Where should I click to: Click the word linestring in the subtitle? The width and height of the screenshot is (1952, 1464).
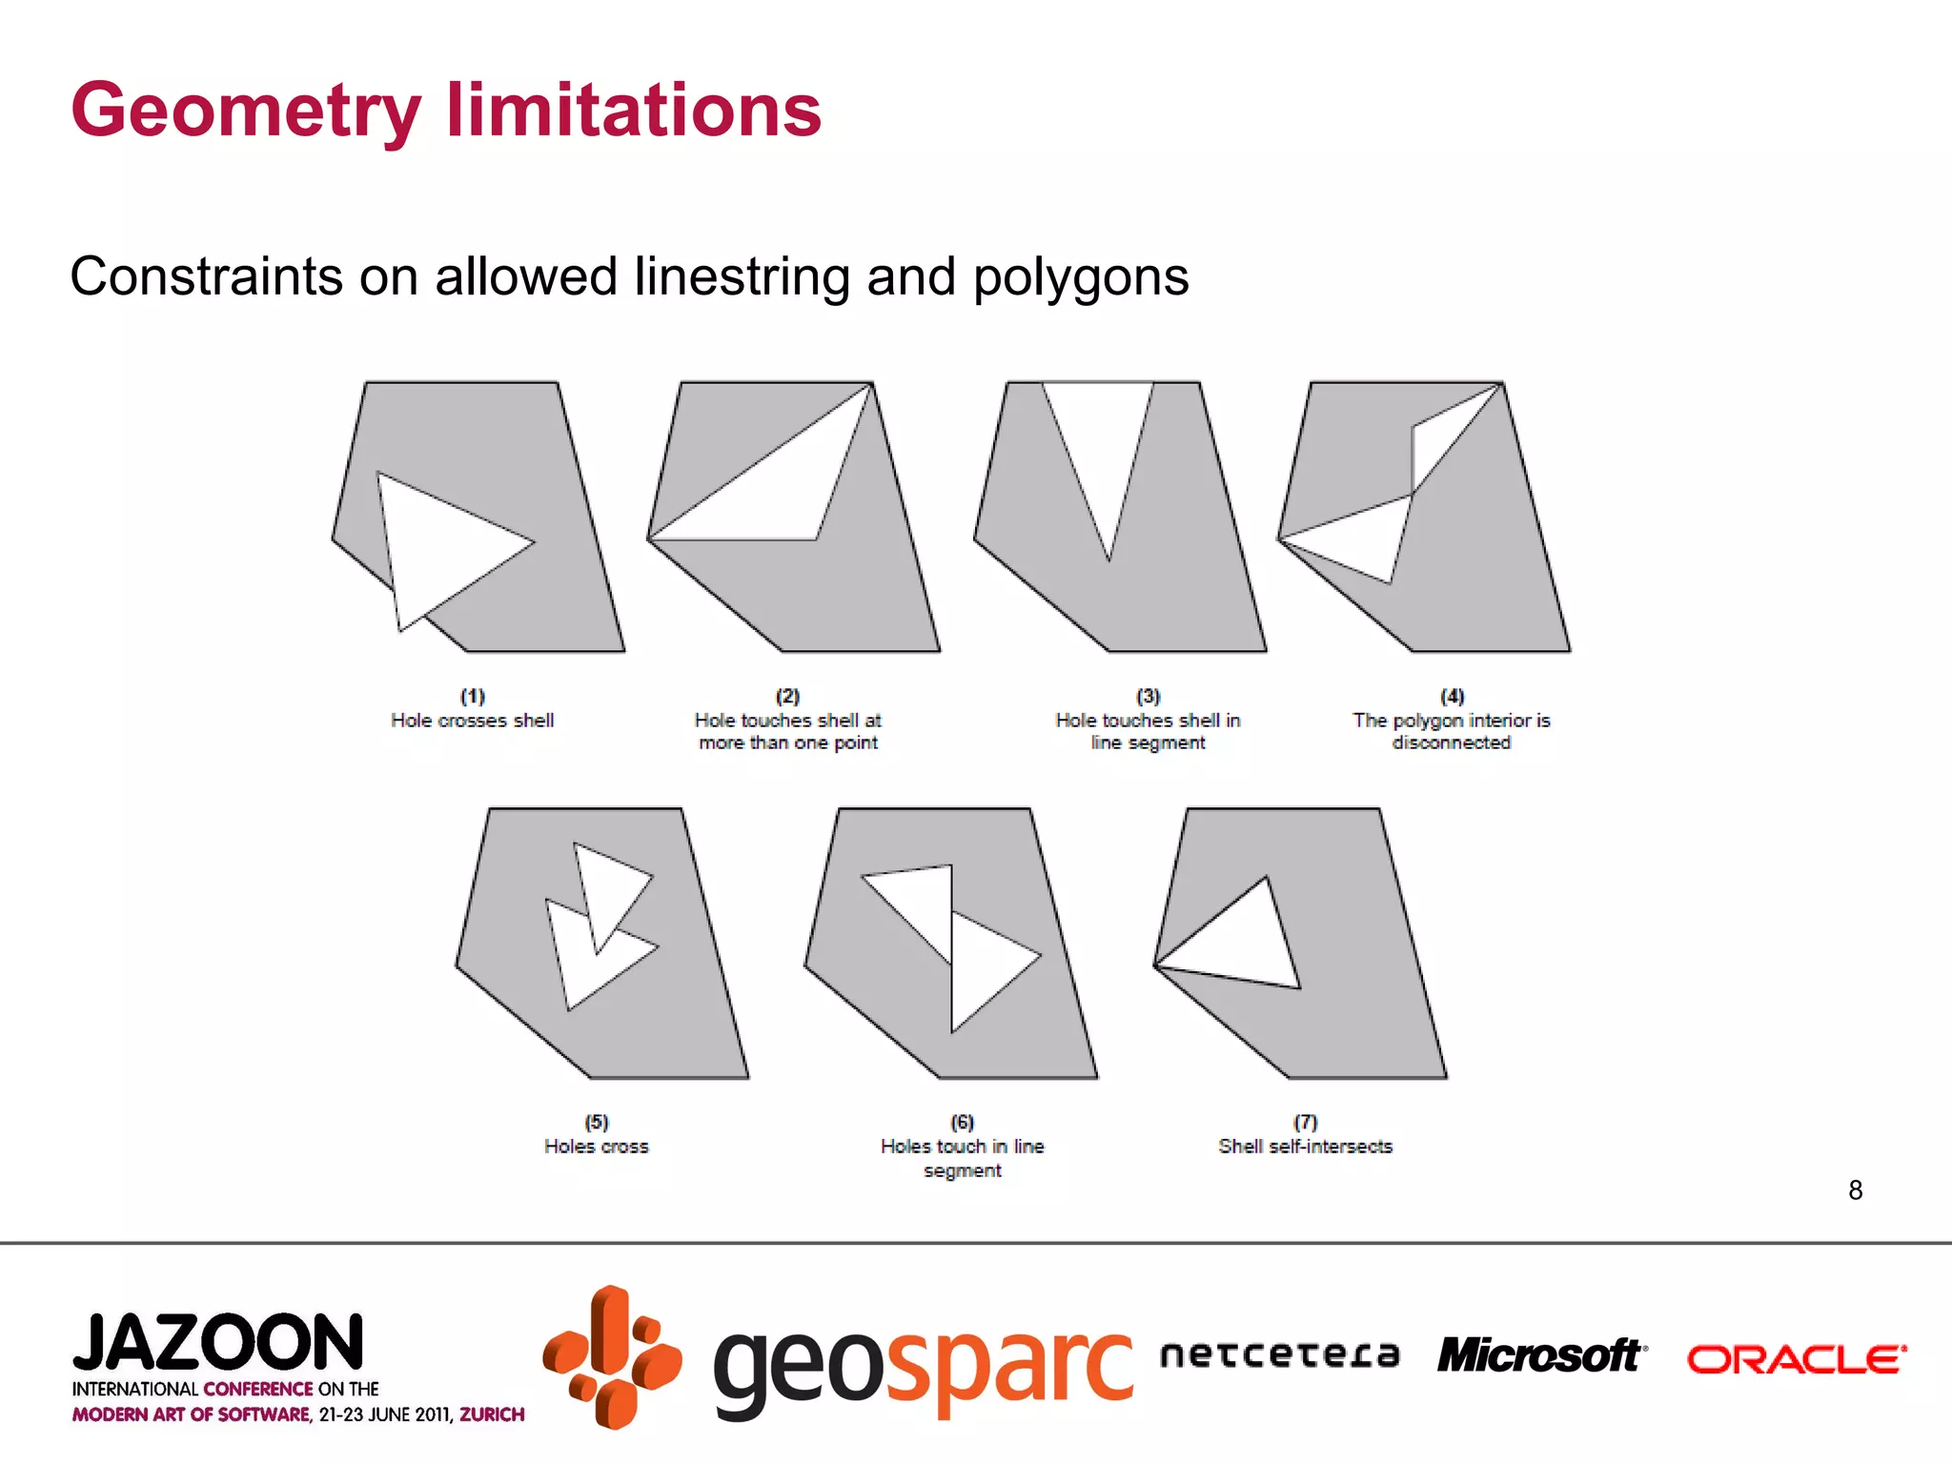(742, 277)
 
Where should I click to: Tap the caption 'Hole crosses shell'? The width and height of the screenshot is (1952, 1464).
(472, 721)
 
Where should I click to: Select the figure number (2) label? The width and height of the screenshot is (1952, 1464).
(787, 696)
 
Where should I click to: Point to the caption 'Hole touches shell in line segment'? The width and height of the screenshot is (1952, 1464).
(1148, 732)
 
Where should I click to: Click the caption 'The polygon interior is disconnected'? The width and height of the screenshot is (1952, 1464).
(1451, 732)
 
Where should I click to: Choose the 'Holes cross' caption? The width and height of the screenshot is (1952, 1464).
(596, 1147)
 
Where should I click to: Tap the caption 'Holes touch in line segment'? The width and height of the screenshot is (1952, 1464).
(962, 1158)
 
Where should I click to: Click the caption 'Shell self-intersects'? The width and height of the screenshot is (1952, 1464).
(1305, 1147)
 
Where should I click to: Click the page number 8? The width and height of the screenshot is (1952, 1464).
(1855, 1190)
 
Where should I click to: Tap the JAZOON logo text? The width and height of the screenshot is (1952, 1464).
(218, 1343)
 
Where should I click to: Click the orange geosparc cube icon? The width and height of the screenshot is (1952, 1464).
(612, 1357)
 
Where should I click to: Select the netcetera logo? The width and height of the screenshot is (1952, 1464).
(1279, 1354)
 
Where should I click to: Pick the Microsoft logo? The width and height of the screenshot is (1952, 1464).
(1540, 1356)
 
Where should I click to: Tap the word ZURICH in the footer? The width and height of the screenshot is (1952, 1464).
(492, 1414)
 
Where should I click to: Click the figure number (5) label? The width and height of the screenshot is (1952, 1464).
(596, 1122)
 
